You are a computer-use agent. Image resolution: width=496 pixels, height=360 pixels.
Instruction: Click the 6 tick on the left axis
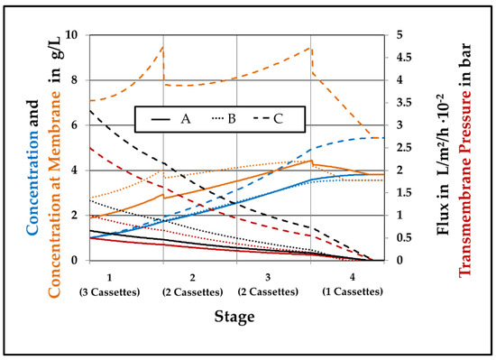76,125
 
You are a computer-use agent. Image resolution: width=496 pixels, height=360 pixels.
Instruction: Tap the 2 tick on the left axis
76,216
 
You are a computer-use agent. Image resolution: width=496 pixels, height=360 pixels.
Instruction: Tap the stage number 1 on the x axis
109,275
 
